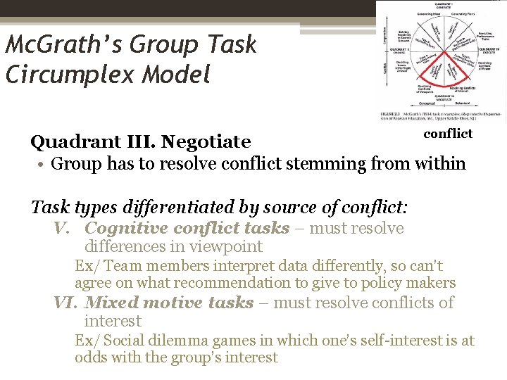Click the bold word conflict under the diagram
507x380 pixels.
pyautogui.click(x=448, y=133)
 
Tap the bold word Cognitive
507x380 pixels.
pyautogui.click(x=126, y=228)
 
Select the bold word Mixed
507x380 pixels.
pyautogui.click(x=111, y=303)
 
